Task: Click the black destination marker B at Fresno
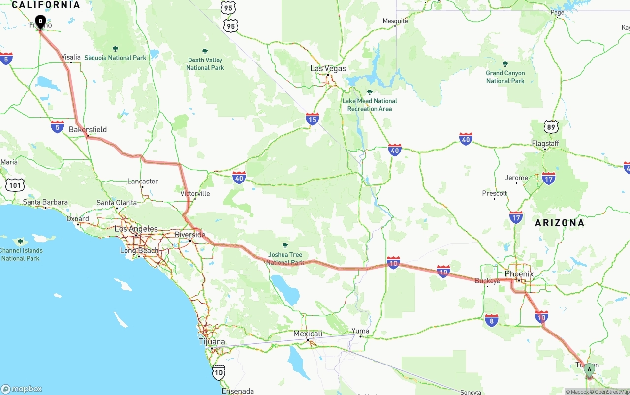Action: [40, 22]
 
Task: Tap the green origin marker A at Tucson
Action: [589, 369]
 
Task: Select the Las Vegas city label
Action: [328, 69]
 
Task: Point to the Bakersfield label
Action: [88, 130]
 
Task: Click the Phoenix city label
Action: [519, 274]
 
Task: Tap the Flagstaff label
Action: [545, 144]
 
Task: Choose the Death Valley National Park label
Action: [205, 64]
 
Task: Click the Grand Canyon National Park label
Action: [505, 77]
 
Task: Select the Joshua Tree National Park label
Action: [285, 258]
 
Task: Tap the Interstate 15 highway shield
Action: [312, 119]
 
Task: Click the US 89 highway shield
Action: [551, 126]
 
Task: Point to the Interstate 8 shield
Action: [491, 320]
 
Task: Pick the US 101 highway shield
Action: [14, 184]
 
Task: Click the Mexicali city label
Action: [308, 334]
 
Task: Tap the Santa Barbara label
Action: [45, 202]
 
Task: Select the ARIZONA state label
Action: [560, 223]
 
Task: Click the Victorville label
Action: [195, 194]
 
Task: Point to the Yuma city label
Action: [360, 331]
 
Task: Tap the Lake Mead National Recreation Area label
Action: [369, 105]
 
